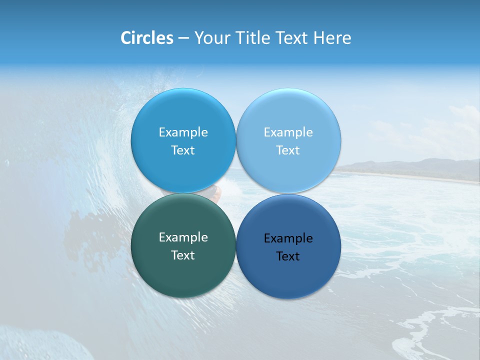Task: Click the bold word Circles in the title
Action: (x=147, y=38)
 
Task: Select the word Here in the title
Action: (x=332, y=38)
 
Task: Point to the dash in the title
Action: (x=183, y=38)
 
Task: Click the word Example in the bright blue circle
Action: (x=183, y=132)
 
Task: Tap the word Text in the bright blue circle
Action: (x=183, y=150)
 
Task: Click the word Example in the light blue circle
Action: (x=288, y=132)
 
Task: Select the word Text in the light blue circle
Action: (x=288, y=150)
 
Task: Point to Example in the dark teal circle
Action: (x=183, y=237)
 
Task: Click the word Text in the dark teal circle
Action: (x=183, y=255)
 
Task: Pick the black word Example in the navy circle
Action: (x=288, y=238)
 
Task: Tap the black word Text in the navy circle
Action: (x=288, y=256)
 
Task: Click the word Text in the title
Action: (x=292, y=38)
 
